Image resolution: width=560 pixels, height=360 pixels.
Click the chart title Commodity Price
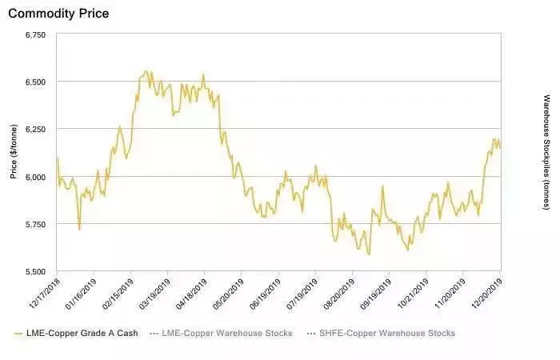point(58,14)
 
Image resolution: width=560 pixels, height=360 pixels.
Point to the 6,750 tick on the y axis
point(36,35)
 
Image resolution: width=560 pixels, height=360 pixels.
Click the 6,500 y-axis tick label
point(36,82)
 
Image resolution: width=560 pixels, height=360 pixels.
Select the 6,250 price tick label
point(36,130)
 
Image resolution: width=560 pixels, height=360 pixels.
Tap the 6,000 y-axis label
point(36,177)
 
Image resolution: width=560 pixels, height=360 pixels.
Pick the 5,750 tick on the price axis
point(36,224)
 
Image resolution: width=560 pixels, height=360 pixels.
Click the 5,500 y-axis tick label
point(36,271)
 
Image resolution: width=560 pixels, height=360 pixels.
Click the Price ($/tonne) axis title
point(14,153)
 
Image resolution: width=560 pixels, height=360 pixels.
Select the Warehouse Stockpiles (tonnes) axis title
point(546,152)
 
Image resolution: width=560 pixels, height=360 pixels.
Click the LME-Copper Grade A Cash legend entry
point(77,333)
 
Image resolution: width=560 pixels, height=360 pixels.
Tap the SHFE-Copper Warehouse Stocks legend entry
point(383,333)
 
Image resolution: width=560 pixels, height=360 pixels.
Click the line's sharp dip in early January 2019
point(79,229)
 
